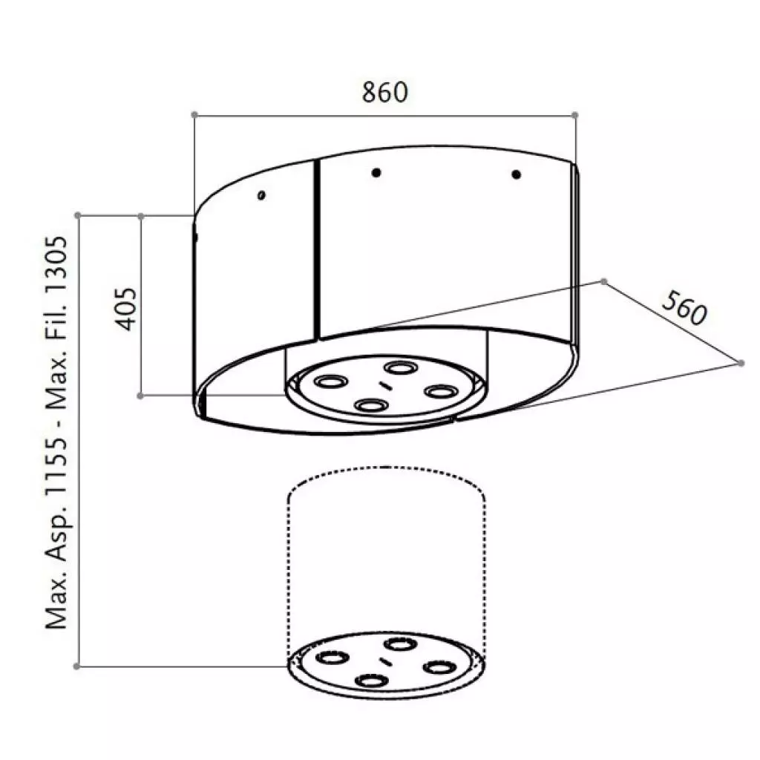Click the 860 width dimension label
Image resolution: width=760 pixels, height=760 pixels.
tap(385, 92)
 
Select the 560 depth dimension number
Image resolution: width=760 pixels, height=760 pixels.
tap(682, 309)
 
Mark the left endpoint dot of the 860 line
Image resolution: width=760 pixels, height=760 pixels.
tap(194, 114)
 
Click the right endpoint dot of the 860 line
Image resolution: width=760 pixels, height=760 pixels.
tap(575, 114)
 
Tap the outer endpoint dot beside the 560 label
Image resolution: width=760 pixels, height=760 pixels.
tap(741, 362)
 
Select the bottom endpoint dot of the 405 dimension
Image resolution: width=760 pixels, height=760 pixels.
tap(141, 396)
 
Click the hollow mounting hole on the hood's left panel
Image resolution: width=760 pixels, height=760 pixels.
tap(261, 195)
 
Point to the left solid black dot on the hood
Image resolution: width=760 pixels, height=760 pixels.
tap(377, 172)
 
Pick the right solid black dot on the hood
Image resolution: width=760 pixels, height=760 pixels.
tap(517, 175)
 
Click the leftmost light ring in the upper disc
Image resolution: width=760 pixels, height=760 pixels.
tap(330, 381)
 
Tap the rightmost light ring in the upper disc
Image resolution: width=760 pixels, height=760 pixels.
tap(440, 390)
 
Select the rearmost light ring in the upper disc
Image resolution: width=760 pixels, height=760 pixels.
tap(400, 367)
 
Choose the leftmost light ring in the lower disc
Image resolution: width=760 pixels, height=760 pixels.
tap(329, 658)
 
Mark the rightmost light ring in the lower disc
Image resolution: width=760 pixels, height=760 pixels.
tap(439, 667)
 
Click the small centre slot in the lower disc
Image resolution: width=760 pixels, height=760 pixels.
tap(384, 661)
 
